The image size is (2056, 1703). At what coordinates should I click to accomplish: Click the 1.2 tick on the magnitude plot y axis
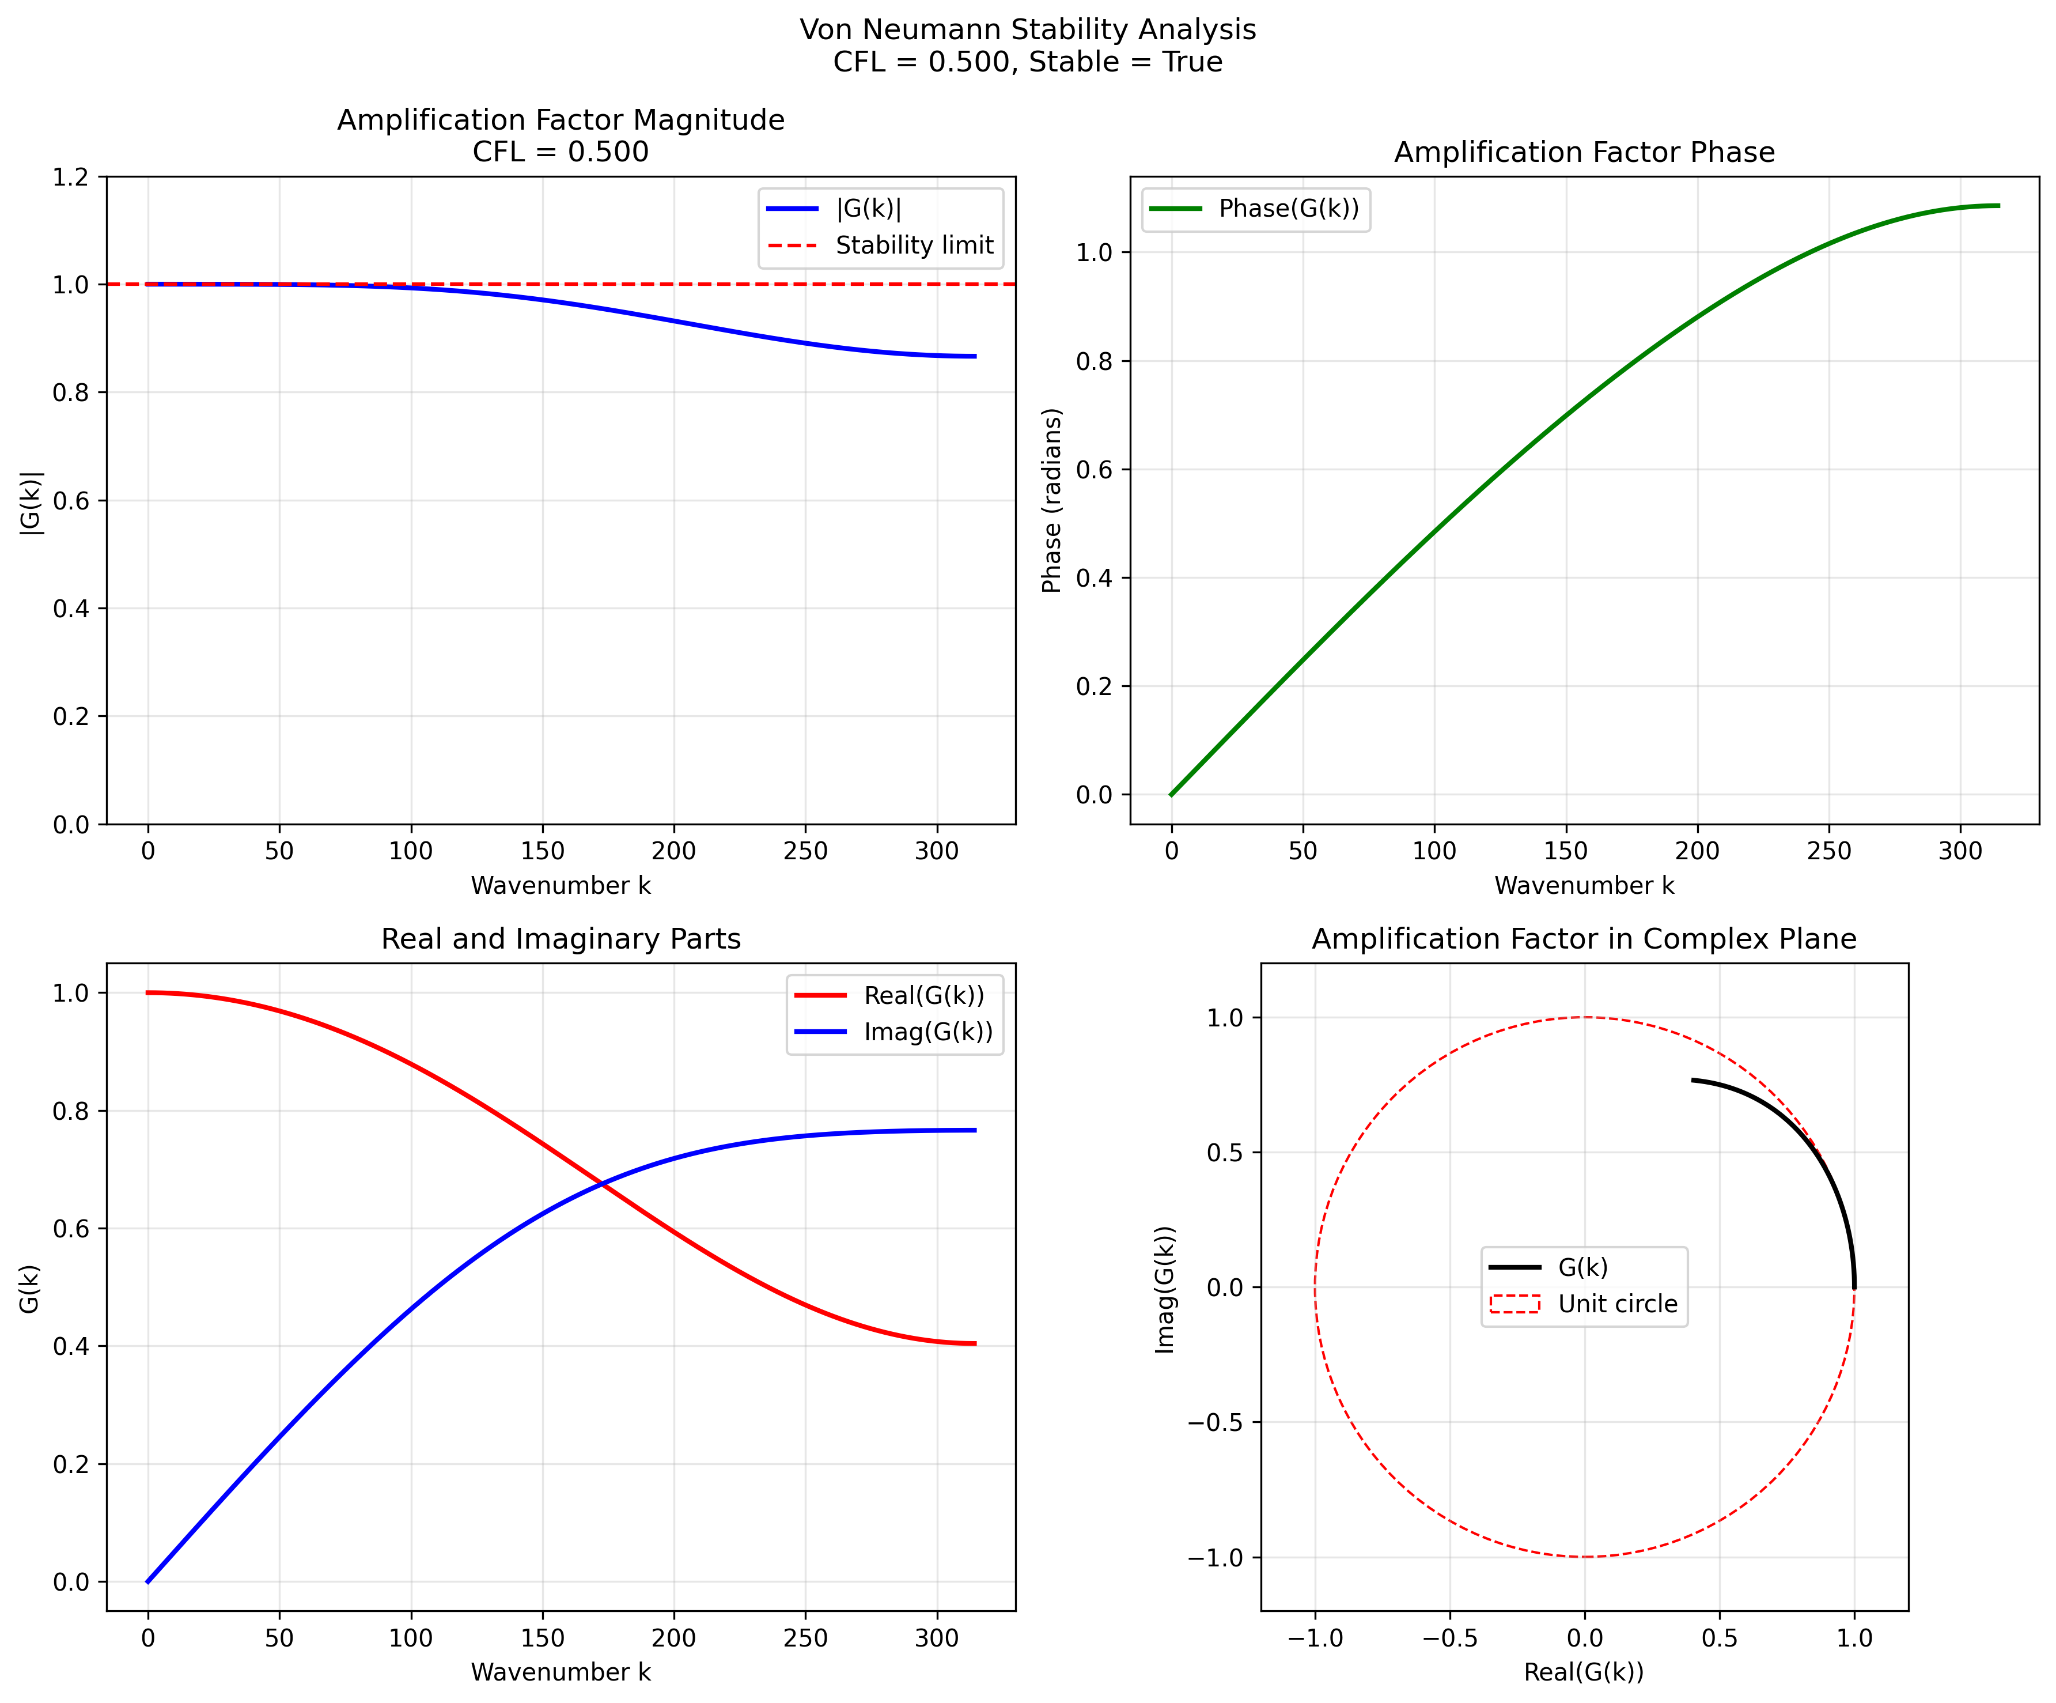[x=70, y=178]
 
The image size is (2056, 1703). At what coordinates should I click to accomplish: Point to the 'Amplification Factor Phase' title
[x=1584, y=153]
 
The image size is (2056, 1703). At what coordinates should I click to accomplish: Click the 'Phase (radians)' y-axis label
[x=1051, y=500]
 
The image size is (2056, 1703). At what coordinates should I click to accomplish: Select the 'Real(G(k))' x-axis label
[x=1583, y=1672]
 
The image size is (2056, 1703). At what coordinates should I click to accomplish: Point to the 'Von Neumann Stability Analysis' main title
[x=1027, y=29]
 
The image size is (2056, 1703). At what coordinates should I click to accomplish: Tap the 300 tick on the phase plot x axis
[x=1960, y=851]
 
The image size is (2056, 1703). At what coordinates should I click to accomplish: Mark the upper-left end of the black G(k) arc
[x=1692, y=1080]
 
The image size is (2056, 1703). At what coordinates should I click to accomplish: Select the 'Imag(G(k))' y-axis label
[x=1164, y=1290]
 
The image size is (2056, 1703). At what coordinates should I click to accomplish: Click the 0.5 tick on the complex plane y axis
[x=1223, y=1153]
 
